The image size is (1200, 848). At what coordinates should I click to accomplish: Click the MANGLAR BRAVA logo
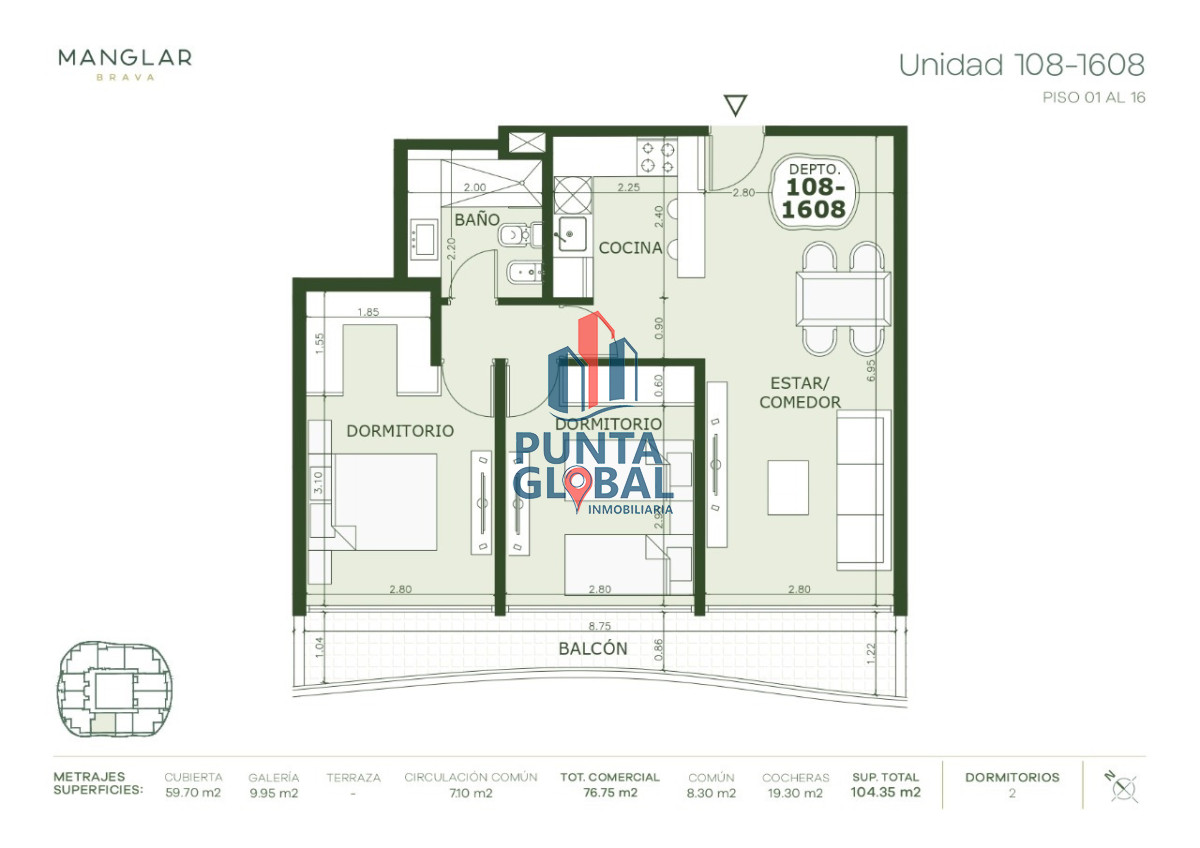coord(125,62)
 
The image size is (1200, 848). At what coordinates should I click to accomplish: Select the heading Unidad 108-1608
coord(1021,65)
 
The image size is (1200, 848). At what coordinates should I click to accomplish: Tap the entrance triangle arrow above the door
coord(736,105)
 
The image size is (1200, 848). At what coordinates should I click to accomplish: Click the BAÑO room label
coord(477,218)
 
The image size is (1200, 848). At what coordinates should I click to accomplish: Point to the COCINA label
coord(630,247)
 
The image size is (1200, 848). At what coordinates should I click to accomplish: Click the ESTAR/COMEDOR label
coord(799,392)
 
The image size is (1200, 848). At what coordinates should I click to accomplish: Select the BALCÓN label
coord(593,648)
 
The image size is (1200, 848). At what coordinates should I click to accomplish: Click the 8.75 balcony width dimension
coord(599,621)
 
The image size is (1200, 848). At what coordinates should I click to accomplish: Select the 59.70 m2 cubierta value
coord(193,793)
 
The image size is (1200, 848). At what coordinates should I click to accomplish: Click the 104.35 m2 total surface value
coord(886,793)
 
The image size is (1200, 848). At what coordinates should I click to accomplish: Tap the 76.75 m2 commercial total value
coord(609,793)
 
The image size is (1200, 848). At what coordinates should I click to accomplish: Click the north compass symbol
coord(1123,786)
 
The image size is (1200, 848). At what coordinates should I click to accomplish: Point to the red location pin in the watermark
coord(577,486)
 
